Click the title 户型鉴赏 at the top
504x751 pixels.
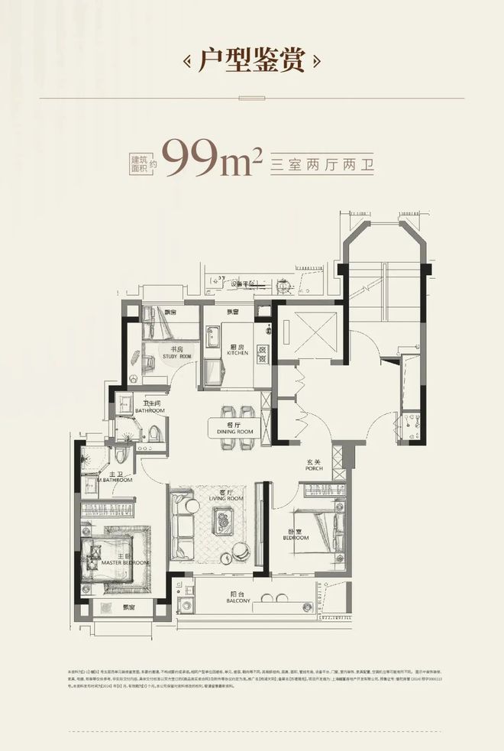tap(252, 60)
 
